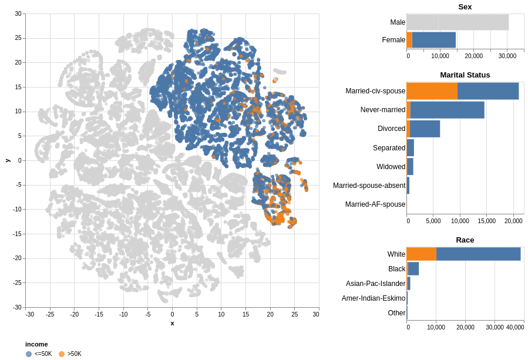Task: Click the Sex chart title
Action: [x=465, y=7]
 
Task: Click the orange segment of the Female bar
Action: [x=409, y=40]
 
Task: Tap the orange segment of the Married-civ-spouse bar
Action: [x=432, y=91]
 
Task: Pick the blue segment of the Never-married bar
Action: [x=447, y=110]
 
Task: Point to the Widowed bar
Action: [x=410, y=167]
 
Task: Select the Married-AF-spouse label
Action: [x=375, y=204]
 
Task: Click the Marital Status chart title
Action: [x=465, y=75]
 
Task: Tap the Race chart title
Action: [x=465, y=240]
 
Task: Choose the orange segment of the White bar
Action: [x=421, y=254]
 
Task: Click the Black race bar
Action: [x=412, y=269]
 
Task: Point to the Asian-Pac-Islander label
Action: [x=375, y=284]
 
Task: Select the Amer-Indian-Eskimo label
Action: [x=374, y=298]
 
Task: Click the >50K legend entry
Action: [x=74, y=354]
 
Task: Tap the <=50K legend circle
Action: [x=29, y=354]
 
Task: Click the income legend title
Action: [x=36, y=344]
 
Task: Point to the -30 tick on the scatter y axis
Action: [x=18, y=307]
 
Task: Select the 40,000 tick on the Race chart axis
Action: [x=515, y=328]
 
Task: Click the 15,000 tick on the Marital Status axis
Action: [x=487, y=221]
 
